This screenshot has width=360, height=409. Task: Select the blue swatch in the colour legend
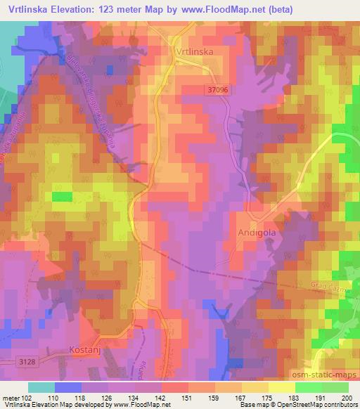coord(67,387)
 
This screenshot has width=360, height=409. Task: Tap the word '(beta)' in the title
coord(274,8)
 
